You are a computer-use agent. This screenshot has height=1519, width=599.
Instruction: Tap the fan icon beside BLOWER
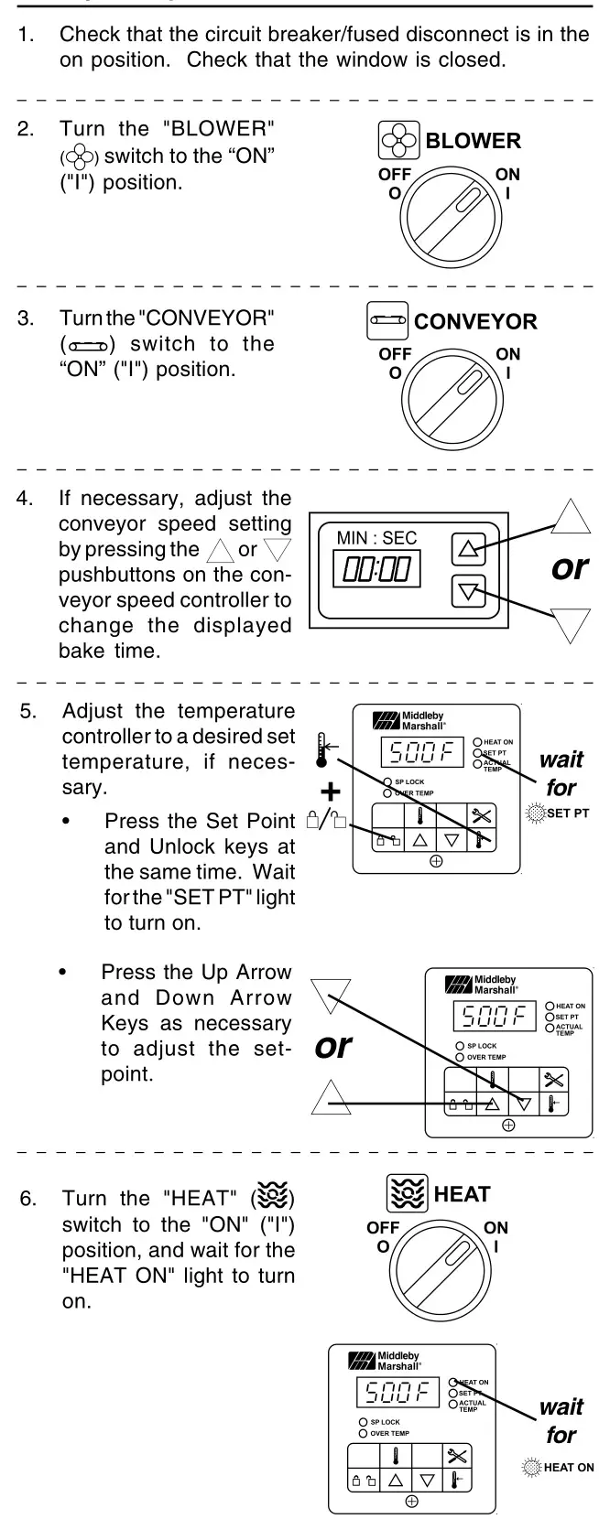(x=399, y=141)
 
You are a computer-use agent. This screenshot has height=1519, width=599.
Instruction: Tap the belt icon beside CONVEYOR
(x=387, y=321)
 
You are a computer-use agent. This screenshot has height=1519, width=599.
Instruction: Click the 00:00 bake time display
(x=376, y=571)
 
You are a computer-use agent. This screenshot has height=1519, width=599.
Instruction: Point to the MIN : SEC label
(x=376, y=538)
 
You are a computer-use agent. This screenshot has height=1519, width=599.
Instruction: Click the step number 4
(x=25, y=500)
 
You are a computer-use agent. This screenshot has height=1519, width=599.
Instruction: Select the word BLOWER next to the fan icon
(x=473, y=141)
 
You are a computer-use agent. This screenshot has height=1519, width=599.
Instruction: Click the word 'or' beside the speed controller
(x=569, y=567)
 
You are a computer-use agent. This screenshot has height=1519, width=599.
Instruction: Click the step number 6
(x=27, y=1198)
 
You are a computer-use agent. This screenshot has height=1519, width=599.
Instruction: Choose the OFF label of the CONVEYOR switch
(x=395, y=354)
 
